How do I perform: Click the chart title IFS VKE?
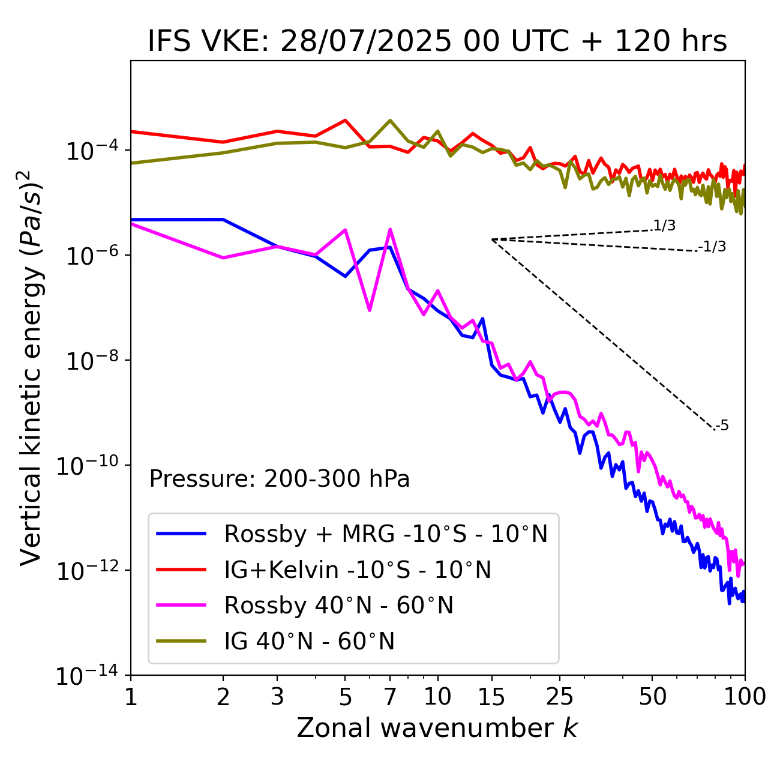(437, 41)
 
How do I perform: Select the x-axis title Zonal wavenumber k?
(437, 728)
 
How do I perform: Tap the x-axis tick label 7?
(390, 697)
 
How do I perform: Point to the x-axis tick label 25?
(560, 697)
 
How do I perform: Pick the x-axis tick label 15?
(491, 697)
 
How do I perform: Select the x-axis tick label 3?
(277, 697)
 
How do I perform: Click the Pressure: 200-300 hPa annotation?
(280, 479)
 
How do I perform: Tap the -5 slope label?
(722, 426)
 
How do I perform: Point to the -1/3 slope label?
(712, 246)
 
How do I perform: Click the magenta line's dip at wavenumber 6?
(370, 310)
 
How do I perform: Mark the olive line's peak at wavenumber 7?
(390, 121)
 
